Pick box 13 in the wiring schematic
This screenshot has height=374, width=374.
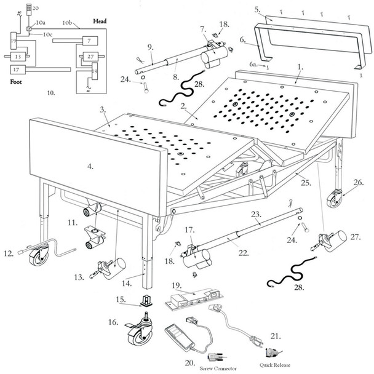18,57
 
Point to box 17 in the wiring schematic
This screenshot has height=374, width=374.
18,70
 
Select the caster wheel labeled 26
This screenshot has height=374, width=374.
335,200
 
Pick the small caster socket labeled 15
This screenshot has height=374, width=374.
147,300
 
